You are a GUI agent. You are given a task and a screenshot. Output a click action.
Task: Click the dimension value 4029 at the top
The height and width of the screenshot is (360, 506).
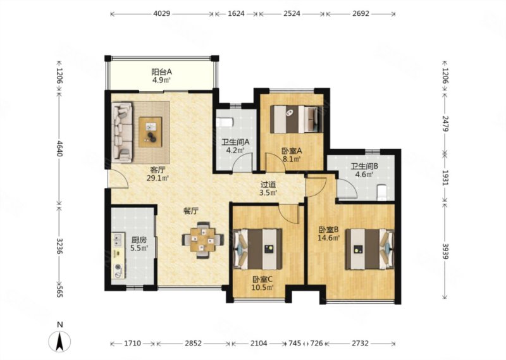162,14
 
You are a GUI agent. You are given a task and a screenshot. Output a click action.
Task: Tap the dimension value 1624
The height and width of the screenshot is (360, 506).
236,14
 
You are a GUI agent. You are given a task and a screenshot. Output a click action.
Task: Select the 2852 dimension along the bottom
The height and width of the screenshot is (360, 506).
194,343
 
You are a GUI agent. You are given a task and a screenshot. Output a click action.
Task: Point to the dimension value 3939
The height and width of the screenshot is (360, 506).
446,251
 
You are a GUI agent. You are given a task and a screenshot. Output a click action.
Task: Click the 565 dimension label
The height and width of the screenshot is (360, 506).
59,290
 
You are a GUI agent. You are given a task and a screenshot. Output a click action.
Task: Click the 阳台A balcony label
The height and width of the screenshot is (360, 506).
162,71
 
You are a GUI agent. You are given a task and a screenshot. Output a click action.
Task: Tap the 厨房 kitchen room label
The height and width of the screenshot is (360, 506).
139,240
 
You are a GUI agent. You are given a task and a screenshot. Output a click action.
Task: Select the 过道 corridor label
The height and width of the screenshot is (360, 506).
268,185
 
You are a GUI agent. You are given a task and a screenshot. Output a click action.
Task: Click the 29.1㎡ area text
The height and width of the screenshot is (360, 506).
157,178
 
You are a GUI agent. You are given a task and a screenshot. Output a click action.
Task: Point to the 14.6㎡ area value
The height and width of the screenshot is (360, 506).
328,239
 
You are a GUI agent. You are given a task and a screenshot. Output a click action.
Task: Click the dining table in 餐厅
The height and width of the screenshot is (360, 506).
202,240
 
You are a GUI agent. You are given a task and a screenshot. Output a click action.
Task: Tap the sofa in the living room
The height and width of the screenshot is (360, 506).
123,132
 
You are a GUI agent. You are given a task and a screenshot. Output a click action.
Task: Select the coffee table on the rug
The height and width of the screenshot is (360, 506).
151,132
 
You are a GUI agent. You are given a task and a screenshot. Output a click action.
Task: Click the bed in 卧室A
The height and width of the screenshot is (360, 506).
296,119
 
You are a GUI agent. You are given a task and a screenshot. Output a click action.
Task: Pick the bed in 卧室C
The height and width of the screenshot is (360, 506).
257,249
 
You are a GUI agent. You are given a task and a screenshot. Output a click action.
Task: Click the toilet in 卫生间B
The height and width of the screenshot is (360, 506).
381,192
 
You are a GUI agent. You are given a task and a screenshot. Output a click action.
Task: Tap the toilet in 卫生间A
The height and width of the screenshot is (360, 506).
225,122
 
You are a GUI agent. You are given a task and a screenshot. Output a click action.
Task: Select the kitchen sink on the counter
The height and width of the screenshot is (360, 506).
118,239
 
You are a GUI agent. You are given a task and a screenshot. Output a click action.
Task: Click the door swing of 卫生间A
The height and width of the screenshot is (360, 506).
243,162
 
